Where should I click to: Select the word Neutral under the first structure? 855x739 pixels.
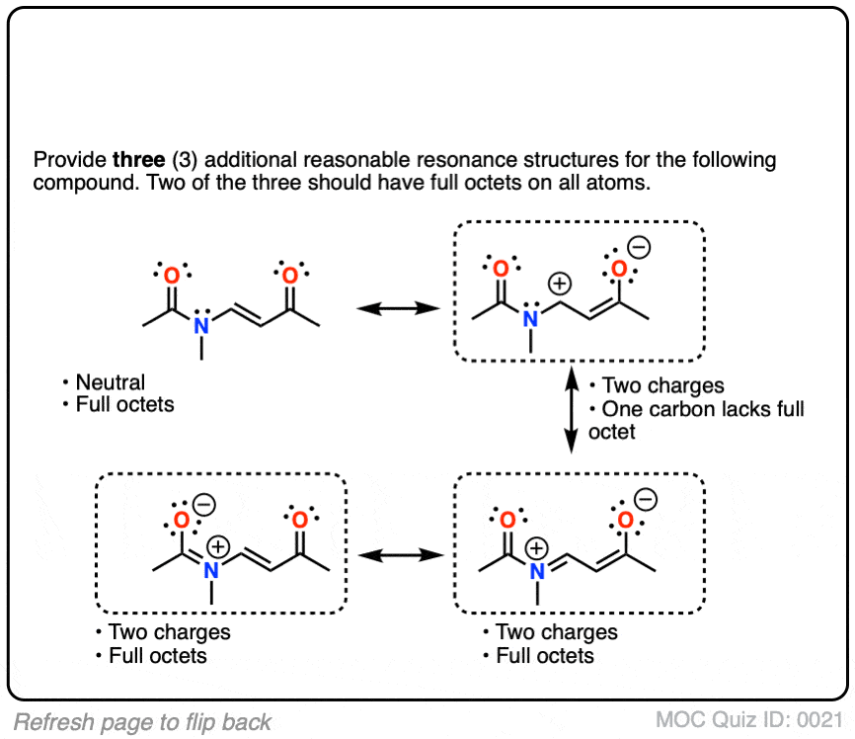click(110, 382)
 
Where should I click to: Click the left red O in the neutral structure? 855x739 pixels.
click(172, 276)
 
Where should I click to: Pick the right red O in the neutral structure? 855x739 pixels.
click(289, 276)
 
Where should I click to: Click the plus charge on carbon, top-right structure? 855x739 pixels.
click(560, 285)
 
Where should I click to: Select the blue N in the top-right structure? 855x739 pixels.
click(530, 318)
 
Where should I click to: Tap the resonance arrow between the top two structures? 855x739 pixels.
click(398, 309)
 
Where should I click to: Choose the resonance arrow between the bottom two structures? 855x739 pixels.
click(398, 555)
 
